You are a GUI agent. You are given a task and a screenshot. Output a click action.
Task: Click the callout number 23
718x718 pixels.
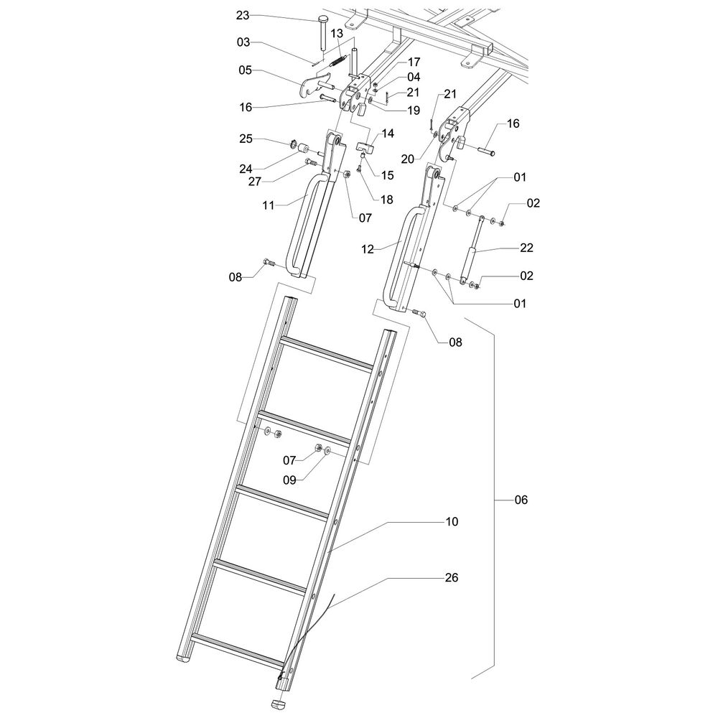pyautogui.click(x=243, y=15)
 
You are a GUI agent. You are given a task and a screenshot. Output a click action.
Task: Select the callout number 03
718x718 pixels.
pyautogui.click(x=243, y=42)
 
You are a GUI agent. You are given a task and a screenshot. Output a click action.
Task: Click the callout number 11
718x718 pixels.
pyautogui.click(x=269, y=205)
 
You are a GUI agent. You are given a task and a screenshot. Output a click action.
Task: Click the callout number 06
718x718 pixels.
pyautogui.click(x=520, y=499)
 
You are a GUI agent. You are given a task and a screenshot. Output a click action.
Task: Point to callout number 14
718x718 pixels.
pyautogui.click(x=388, y=133)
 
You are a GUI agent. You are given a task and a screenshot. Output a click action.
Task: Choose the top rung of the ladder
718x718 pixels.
pyautogui.click(x=327, y=353)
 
